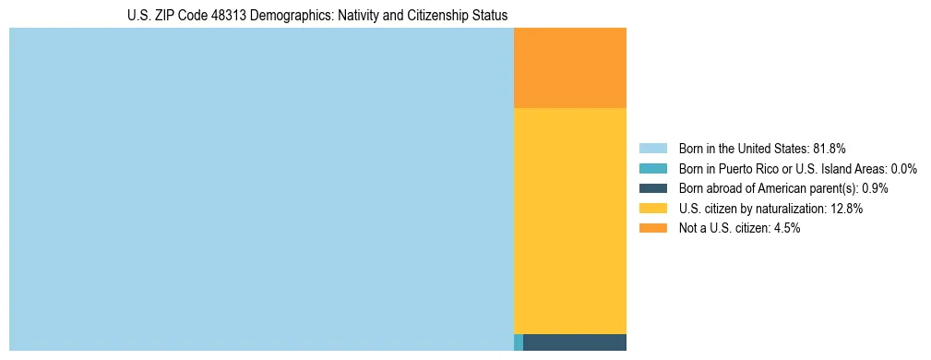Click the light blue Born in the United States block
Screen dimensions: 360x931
[261, 189]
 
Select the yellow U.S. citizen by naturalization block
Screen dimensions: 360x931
[569, 221]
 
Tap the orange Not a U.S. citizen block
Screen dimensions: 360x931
[569, 68]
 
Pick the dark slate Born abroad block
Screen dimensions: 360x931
[574, 342]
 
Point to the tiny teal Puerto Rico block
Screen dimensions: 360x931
[519, 342]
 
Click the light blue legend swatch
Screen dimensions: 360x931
[652, 148]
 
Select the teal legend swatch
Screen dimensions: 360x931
[652, 168]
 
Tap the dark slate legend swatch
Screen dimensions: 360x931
[652, 188]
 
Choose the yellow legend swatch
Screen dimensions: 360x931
[652, 209]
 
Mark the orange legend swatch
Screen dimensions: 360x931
[652, 228]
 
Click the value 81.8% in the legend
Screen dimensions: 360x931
[830, 148]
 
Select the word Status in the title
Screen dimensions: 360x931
[489, 16]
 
